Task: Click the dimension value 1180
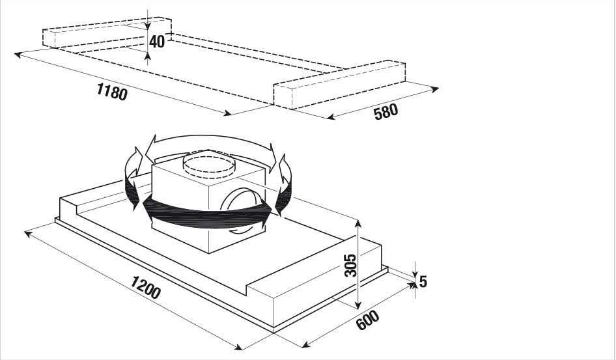point(113,92)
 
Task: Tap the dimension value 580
point(385,112)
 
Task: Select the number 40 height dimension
point(157,41)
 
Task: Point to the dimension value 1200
point(145,287)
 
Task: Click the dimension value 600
point(368,320)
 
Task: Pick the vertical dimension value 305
point(350,266)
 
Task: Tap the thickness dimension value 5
point(423,281)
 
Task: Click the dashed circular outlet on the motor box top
point(209,165)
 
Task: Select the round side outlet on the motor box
point(240,199)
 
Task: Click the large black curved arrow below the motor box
point(207,214)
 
